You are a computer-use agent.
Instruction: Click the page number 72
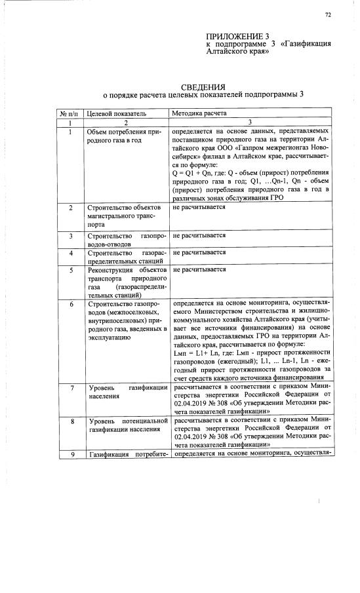[327, 14]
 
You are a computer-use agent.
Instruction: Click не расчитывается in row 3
[199, 235]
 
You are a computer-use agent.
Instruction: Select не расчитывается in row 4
[199, 252]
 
